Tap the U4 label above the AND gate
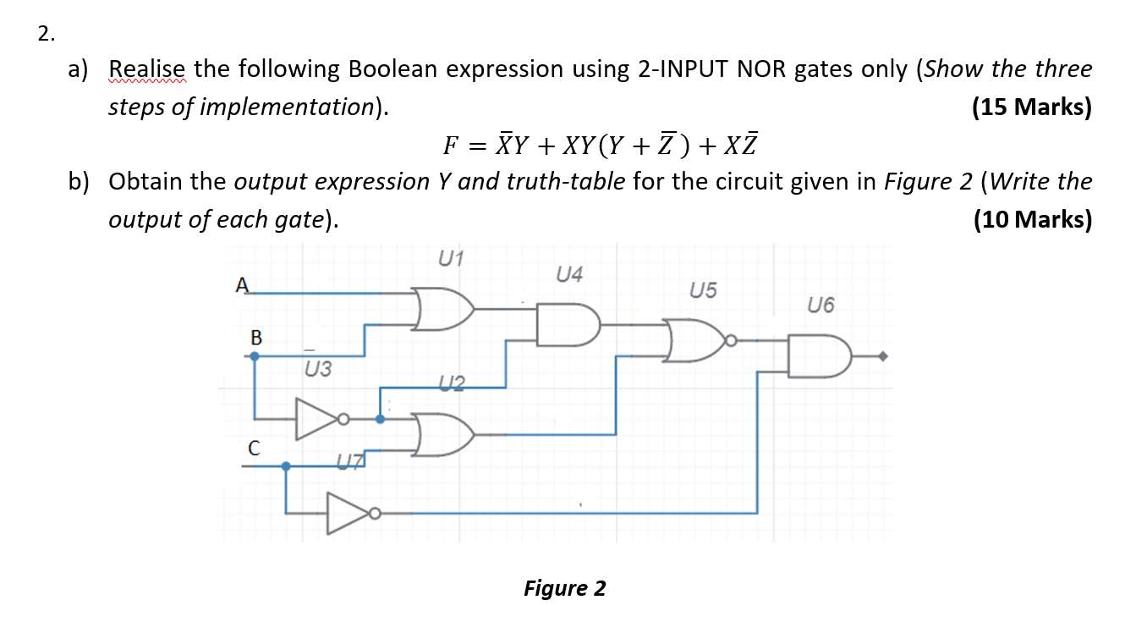569,274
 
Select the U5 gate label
703,291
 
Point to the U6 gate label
820,305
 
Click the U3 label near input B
318,369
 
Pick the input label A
243,285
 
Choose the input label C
253,446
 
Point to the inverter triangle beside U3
316,419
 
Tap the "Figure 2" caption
564,587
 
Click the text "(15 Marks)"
1032,107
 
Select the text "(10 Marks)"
1032,219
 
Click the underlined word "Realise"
149,69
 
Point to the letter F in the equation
451,146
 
